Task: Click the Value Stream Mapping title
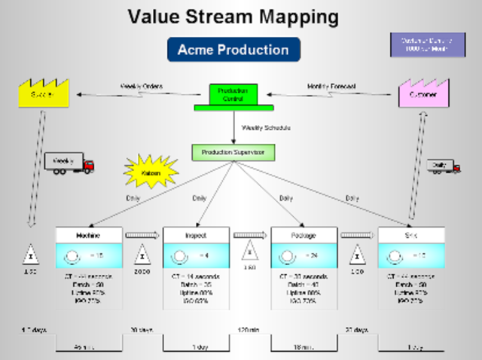point(232,17)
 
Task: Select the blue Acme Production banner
point(233,50)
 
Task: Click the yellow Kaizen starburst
point(151,171)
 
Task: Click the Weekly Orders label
point(142,86)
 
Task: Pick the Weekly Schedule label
point(266,128)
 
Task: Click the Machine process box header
point(88,235)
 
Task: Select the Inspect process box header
point(196,235)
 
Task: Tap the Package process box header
point(304,235)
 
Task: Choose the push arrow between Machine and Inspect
point(142,235)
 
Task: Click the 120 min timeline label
point(249,330)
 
